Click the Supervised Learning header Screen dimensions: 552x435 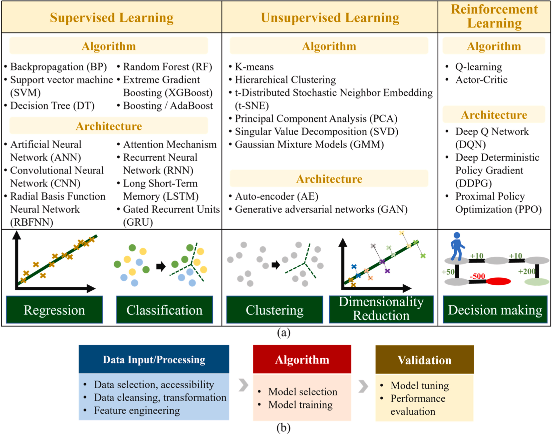[112, 17]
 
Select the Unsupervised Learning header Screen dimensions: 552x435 [330, 17]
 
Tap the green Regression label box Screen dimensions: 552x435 [54, 310]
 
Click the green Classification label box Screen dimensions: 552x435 [164, 310]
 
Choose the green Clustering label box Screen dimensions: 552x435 [275, 310]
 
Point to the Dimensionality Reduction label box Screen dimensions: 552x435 [381, 309]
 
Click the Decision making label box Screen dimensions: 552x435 [495, 310]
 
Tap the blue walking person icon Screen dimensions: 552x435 [457, 246]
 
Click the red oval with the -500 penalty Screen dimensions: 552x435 [498, 282]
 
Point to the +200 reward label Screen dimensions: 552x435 [527, 271]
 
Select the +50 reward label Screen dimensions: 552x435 [448, 272]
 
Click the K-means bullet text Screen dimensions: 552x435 [254, 67]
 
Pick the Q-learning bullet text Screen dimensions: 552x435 [478, 67]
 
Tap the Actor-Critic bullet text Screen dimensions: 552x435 [481, 80]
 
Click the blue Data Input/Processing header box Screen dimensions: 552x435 [154, 359]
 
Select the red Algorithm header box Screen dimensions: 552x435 [302, 359]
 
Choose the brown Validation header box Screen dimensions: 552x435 [424, 360]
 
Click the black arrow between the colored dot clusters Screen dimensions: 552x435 [161, 266]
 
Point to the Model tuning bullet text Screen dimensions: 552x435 [419, 386]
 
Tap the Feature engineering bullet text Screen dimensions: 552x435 [137, 411]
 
